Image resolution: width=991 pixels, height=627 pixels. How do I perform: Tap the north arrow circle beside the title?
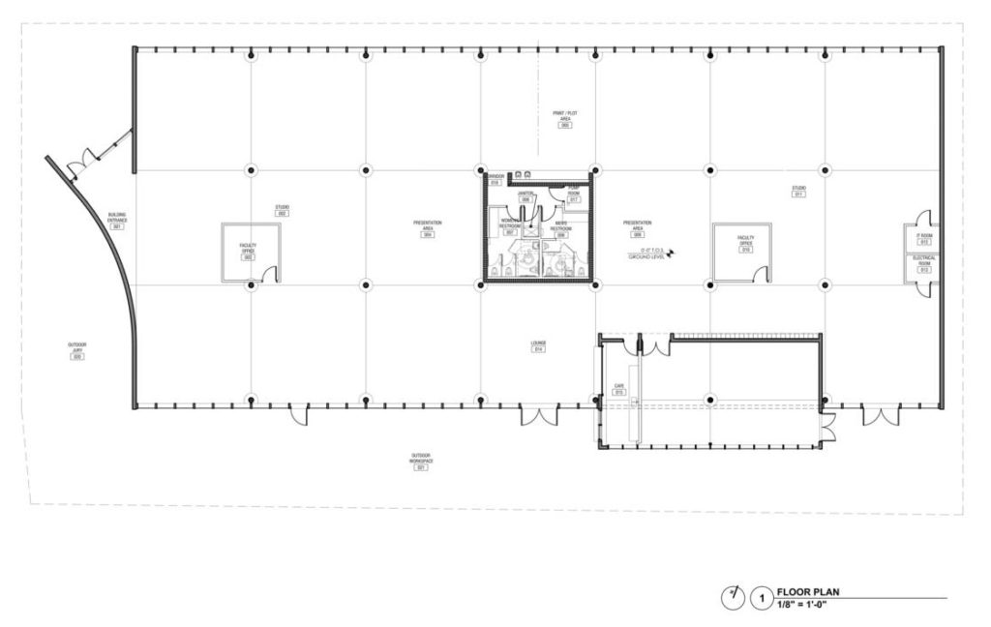point(733,598)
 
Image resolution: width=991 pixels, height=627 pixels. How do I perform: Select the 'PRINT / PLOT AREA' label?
point(565,116)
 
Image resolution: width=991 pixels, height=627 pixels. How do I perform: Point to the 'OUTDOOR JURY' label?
point(77,347)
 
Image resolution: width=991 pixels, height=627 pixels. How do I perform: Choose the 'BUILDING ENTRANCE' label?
point(117,217)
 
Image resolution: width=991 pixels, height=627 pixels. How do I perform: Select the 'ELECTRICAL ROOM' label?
point(924,261)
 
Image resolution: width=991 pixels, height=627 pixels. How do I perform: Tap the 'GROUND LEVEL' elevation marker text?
point(645,258)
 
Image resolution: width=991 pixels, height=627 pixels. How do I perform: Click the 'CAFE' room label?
point(618,386)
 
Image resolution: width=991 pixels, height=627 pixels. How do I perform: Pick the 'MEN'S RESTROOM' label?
point(560,224)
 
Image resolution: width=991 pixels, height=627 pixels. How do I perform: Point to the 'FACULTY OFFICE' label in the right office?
point(745,240)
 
